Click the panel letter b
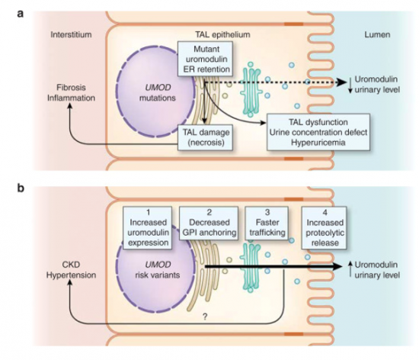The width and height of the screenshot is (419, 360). (11, 185)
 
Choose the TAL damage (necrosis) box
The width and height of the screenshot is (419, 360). (205, 135)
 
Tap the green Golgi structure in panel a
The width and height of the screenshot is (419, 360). (251, 89)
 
